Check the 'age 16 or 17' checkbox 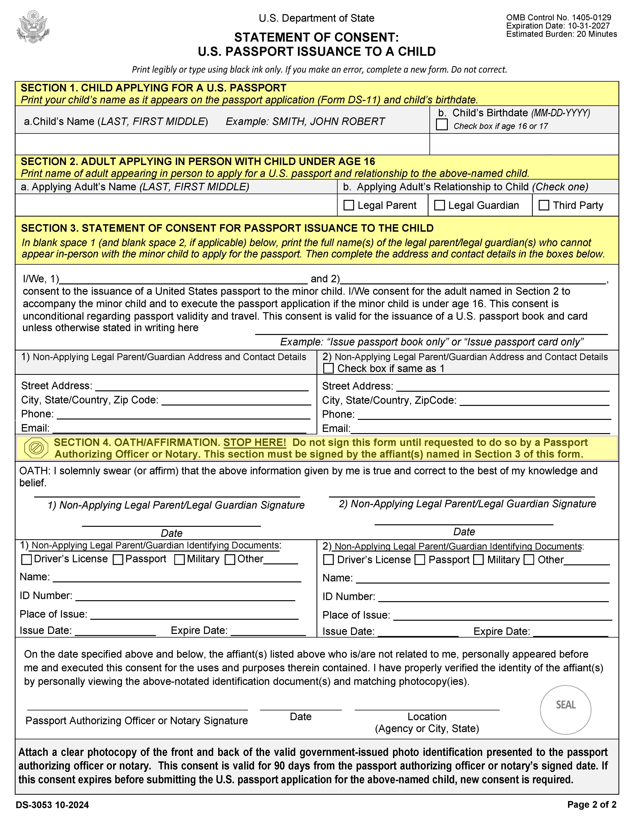point(442,125)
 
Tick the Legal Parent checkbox point(349,205)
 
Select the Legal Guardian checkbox point(439,205)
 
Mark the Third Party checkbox point(544,205)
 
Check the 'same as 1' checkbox point(328,368)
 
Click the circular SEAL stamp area point(565,710)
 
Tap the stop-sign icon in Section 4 point(36,448)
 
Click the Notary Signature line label point(137,721)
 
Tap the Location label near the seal point(427,716)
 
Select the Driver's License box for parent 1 point(27,559)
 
